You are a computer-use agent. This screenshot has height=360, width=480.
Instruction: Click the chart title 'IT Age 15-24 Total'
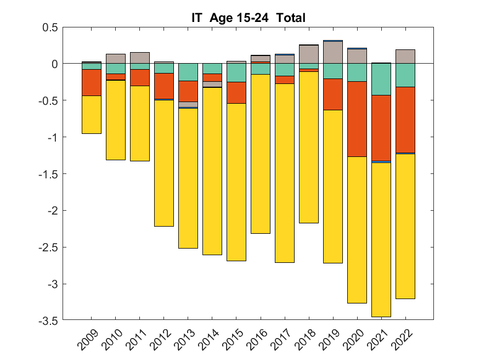tap(244, 18)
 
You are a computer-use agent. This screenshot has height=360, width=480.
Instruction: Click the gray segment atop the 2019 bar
tap(333, 52)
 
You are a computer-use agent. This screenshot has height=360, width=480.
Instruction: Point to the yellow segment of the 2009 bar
tap(92, 115)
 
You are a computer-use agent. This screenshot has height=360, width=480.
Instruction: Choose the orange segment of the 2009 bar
tap(92, 82)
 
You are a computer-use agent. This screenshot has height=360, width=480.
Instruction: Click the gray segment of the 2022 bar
tap(405, 57)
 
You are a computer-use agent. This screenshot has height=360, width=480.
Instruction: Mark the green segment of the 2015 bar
tap(236, 73)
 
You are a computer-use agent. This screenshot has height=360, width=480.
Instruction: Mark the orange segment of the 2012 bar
tap(164, 86)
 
